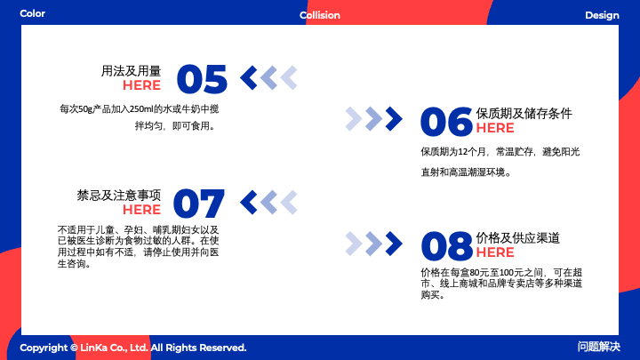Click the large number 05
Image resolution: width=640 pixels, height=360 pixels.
pos(202,79)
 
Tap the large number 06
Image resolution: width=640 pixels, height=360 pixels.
pos(446,122)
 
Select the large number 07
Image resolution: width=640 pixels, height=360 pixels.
pos(199,204)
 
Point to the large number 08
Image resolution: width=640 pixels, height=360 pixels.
pos(447,246)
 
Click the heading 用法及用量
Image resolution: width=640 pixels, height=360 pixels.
pos(131,71)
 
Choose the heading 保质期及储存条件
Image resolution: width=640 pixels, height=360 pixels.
pos(524,114)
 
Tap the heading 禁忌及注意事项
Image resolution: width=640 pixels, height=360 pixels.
pos(119,196)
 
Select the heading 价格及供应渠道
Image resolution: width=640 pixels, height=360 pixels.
pos(518,238)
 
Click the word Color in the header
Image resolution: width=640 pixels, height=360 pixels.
pos(33,13)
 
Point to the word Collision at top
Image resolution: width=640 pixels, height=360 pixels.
pos(320,15)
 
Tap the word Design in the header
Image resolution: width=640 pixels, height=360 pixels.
pos(602,15)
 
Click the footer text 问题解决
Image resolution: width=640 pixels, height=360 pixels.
pos(599,347)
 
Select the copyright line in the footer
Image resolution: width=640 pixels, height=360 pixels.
pos(133,348)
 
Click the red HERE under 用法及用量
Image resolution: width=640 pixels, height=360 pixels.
pos(141,85)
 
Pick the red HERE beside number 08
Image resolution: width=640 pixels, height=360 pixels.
pos(495,252)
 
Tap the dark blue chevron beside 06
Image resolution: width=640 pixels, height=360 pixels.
pos(395,119)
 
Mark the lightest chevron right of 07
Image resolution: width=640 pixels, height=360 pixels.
pos(289,203)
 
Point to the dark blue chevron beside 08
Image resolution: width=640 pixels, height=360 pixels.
pos(395,244)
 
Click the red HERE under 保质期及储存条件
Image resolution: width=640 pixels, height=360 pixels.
pos(495,128)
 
